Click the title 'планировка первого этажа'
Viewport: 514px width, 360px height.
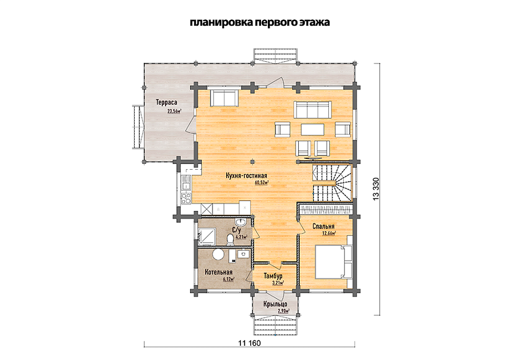click(x=260, y=22)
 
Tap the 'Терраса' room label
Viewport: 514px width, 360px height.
click(x=167, y=102)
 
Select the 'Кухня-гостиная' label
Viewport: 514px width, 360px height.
click(x=246, y=176)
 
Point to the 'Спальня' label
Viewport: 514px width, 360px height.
click(x=323, y=226)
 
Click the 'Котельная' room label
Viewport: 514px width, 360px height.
click(x=219, y=272)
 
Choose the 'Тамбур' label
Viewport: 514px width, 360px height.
click(x=273, y=276)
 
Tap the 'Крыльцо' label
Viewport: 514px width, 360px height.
click(x=275, y=304)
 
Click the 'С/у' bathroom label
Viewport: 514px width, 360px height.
click(x=236, y=230)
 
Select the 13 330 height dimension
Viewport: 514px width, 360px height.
click(x=376, y=189)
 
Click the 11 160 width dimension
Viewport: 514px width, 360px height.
click(x=250, y=343)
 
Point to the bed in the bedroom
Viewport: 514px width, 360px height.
click(x=334, y=262)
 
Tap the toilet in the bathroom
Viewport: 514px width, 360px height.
click(x=231, y=239)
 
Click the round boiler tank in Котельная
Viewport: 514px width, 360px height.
click(x=218, y=254)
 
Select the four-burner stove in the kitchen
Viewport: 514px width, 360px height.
click(x=186, y=198)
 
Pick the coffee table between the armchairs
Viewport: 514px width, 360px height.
click(x=312, y=129)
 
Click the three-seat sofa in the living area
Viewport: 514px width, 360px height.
click(x=312, y=110)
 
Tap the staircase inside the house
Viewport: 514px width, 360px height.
click(x=331, y=183)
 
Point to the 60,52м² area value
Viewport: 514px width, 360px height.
click(x=262, y=183)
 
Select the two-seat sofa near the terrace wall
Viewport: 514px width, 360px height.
click(x=224, y=97)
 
